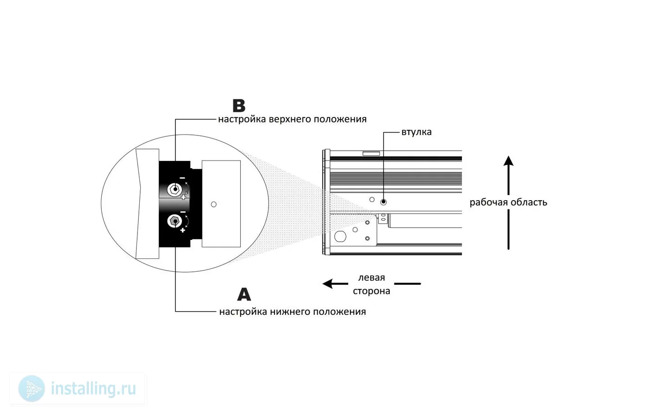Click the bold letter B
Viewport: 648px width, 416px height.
pyautogui.click(x=239, y=106)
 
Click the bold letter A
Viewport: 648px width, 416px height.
pyautogui.click(x=244, y=294)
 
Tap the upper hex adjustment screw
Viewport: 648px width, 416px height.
pyautogui.click(x=175, y=190)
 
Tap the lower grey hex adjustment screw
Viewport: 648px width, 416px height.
pyautogui.click(x=175, y=221)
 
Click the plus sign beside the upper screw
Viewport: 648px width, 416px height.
pyautogui.click(x=183, y=198)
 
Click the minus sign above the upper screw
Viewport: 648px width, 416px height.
pyautogui.click(x=182, y=178)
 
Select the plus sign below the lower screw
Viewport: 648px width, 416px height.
pyautogui.click(x=182, y=230)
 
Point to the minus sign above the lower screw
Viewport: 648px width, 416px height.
pyautogui.click(x=183, y=212)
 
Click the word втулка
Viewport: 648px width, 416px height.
pyautogui.click(x=416, y=132)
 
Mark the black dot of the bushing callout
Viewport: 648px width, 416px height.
pyautogui.click(x=383, y=202)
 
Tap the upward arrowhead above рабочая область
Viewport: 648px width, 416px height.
pyautogui.click(x=508, y=161)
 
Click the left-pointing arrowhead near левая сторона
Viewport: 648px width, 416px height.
pyautogui.click(x=328, y=284)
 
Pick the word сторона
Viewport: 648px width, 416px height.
pyautogui.click(x=371, y=291)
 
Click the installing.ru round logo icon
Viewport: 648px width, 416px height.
pyautogui.click(x=31, y=388)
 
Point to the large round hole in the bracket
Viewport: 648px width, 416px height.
pyautogui.click(x=340, y=236)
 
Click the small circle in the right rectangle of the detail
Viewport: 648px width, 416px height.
pyautogui.click(x=214, y=204)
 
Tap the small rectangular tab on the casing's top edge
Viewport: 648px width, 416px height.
pyautogui.click(x=371, y=153)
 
